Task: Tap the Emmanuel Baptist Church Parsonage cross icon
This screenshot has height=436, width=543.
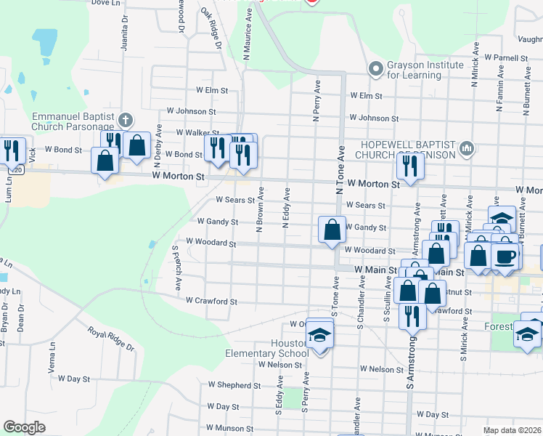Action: click(x=125, y=119)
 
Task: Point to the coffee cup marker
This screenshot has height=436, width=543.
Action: click(x=505, y=256)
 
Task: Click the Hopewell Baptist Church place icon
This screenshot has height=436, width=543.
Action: click(x=467, y=149)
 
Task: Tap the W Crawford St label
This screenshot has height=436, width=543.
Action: click(x=211, y=301)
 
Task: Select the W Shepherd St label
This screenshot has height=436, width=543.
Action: click(x=229, y=384)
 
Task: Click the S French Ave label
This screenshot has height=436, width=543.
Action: click(x=176, y=268)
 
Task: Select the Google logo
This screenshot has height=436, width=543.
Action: click(x=25, y=427)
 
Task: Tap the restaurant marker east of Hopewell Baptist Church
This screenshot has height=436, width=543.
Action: click(x=410, y=166)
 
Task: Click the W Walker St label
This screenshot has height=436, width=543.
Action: click(x=198, y=133)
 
